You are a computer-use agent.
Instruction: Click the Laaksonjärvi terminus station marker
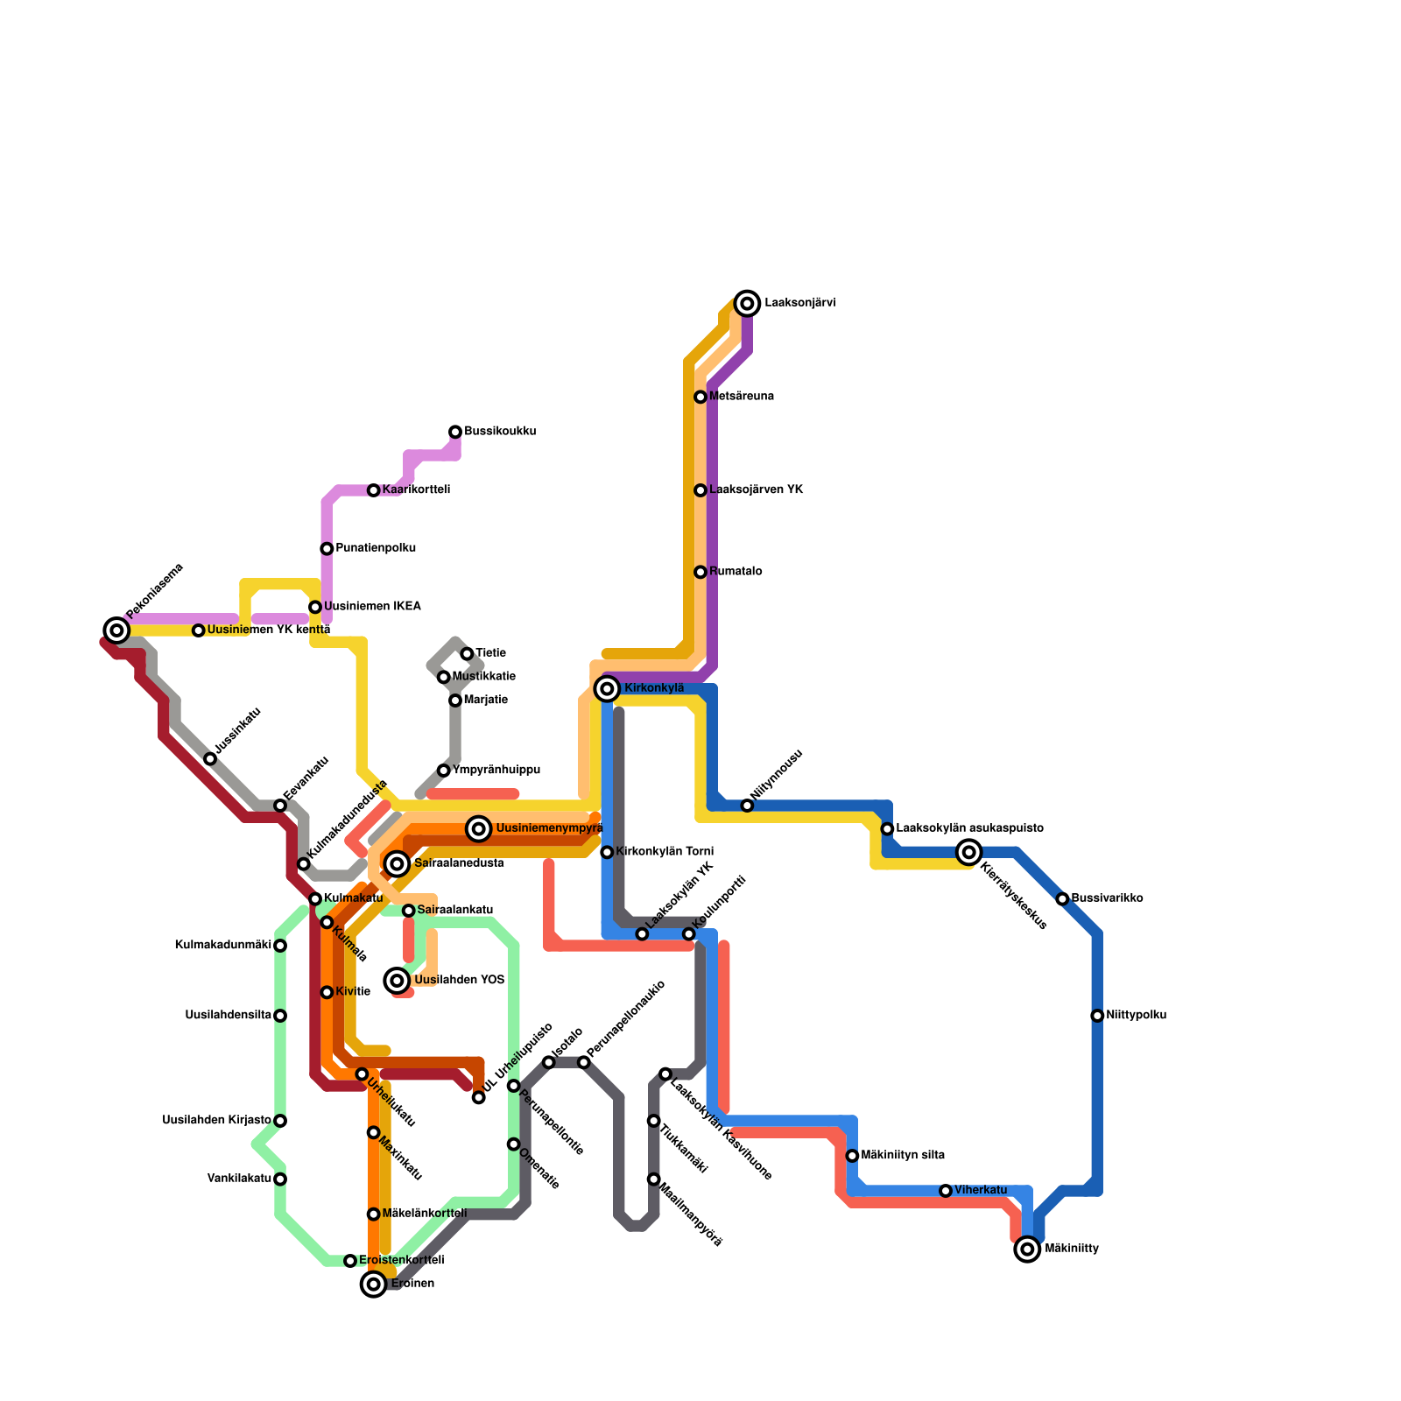(x=747, y=304)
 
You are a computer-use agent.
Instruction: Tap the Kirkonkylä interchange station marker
(x=607, y=689)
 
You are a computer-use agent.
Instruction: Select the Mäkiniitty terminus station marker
(x=1027, y=1250)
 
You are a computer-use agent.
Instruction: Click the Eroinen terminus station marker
(x=374, y=1285)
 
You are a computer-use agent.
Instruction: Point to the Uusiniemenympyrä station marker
(x=478, y=829)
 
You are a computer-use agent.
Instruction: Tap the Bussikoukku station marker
(x=455, y=432)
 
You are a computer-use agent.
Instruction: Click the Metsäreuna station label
(x=741, y=397)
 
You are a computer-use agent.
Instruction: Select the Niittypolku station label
(x=1136, y=1016)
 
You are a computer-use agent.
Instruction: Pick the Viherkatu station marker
(x=946, y=1191)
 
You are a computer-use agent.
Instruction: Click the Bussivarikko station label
(x=1107, y=899)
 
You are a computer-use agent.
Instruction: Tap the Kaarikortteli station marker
(x=374, y=490)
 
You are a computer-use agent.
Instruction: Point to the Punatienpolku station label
(x=376, y=549)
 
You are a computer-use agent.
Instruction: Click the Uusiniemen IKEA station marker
(x=315, y=607)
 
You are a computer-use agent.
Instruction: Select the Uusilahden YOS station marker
(x=398, y=981)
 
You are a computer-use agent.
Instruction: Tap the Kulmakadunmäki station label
(x=223, y=946)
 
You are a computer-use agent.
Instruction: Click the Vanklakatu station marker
(x=280, y=1179)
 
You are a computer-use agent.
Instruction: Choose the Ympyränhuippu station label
(x=496, y=771)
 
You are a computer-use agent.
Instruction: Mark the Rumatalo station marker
(x=700, y=572)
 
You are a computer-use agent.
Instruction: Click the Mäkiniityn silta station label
(x=903, y=1156)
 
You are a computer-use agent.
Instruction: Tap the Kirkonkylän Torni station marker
(x=607, y=852)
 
